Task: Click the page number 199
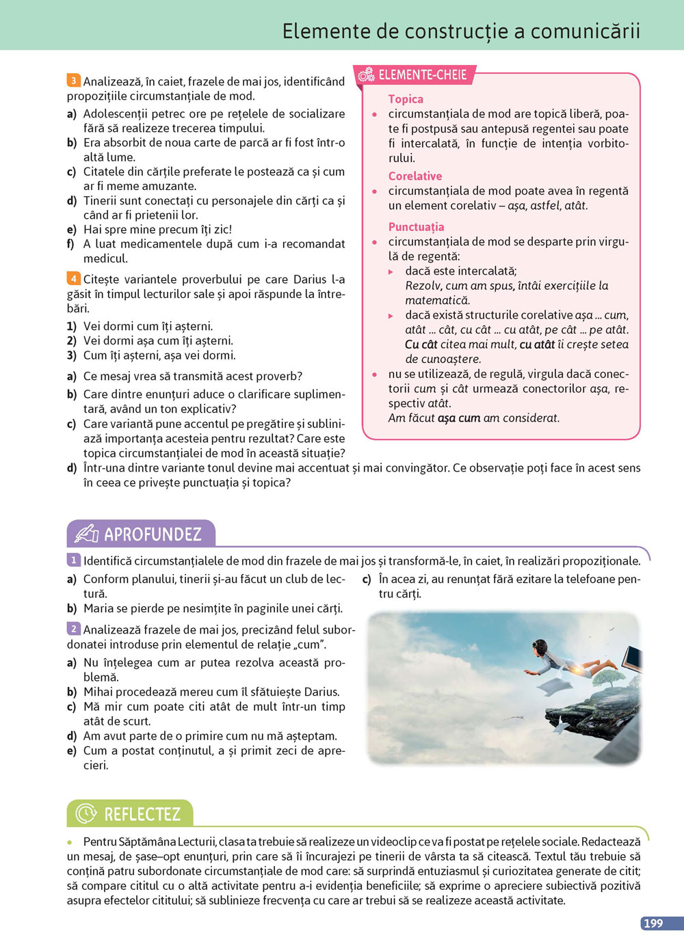tap(653, 923)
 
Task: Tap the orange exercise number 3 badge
tap(73, 81)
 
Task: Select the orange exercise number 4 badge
tap(73, 278)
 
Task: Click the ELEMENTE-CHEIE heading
tap(422, 75)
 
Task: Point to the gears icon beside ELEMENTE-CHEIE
tap(366, 75)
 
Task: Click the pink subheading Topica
tap(406, 99)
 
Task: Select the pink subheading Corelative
tap(415, 176)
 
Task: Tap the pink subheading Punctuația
tap(416, 227)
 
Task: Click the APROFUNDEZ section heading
tap(153, 534)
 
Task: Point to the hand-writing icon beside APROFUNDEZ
tap(86, 534)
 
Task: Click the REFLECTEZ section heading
tap(142, 814)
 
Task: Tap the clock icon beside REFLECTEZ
tap(86, 814)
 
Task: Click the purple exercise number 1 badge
tap(73, 560)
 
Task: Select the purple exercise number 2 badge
tap(73, 629)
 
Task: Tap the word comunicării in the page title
tap(586, 31)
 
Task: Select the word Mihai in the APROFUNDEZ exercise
tap(98, 692)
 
